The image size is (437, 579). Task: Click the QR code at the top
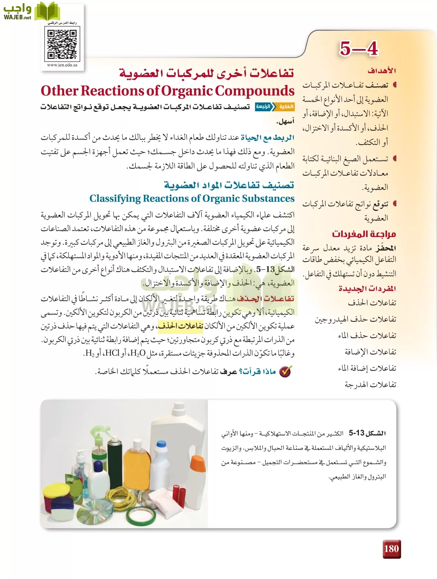[x=62, y=44]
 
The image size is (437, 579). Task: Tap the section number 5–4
[x=358, y=49]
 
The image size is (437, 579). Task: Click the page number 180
[x=391, y=549]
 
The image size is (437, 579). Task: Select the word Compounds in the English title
[x=255, y=91]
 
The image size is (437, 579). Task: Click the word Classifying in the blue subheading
[x=115, y=198]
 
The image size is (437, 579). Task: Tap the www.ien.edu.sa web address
[x=62, y=65]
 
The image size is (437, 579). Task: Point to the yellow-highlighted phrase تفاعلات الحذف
[x=180, y=326]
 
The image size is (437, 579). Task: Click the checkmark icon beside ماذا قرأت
[x=285, y=372]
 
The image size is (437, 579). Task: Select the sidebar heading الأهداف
[x=382, y=71]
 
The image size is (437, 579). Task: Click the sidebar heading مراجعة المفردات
[x=364, y=234]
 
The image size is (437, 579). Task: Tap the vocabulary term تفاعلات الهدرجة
[x=370, y=384]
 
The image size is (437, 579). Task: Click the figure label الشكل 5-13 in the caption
[x=367, y=433]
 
